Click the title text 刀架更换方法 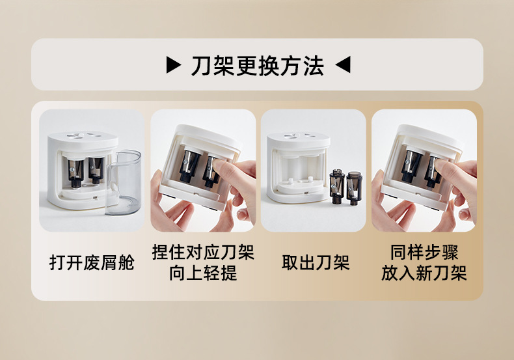pos(258,66)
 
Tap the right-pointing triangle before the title pos(174,64)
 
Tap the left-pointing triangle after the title pos(343,64)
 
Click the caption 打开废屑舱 pos(92,262)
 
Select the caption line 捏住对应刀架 pos(203,252)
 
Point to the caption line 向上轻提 pos(203,273)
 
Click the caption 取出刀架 pos(316,262)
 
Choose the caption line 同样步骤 pos(424,252)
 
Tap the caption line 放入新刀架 pos(424,273)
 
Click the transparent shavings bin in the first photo pos(122,182)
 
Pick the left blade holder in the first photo pos(75,173)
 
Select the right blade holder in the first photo pos(96,170)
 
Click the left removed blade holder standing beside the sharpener pos(337,186)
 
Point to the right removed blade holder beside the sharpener pos(354,187)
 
